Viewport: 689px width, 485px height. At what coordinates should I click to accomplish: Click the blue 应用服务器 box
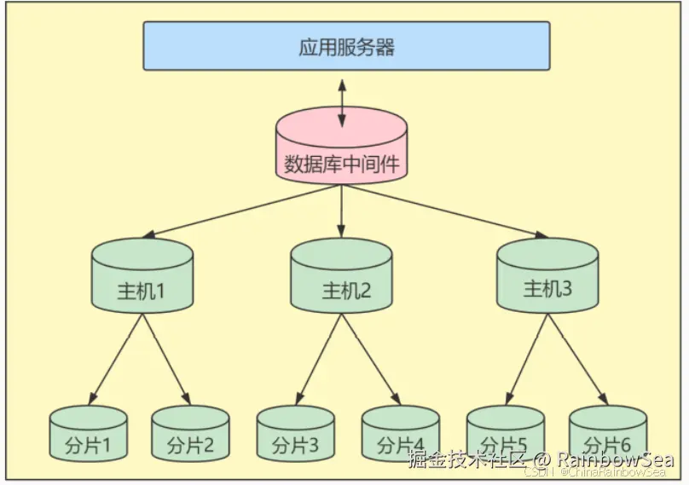coord(346,46)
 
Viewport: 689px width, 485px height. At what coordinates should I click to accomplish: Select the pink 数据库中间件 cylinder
coord(341,148)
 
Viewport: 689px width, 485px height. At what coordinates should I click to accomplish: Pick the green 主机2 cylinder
coord(341,276)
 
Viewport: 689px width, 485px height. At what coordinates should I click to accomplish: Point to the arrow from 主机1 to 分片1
coord(118,356)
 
